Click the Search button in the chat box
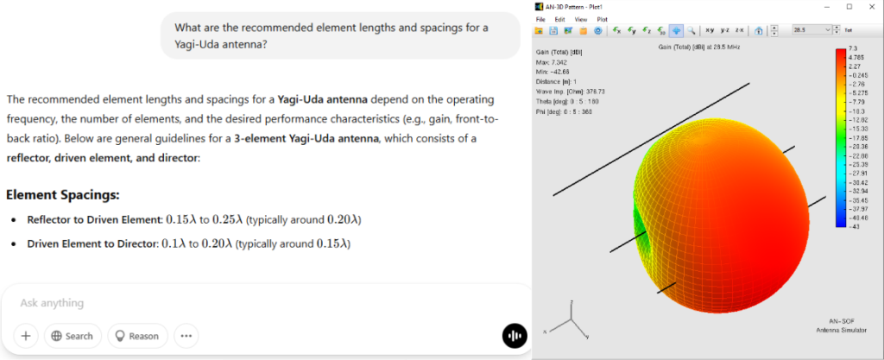pos(73,336)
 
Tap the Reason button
pos(137,336)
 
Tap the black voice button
pos(515,336)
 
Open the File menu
pos(540,18)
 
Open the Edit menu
pos(560,18)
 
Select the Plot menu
pos(602,18)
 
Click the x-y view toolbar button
pos(710,30)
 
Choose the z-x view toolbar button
pos(738,30)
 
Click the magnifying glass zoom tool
pos(691,30)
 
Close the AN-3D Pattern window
pos(871,6)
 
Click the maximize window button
pos(849,6)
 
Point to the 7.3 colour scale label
pos(852,48)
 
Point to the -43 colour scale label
pos(853,225)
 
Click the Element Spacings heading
pos(62,195)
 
